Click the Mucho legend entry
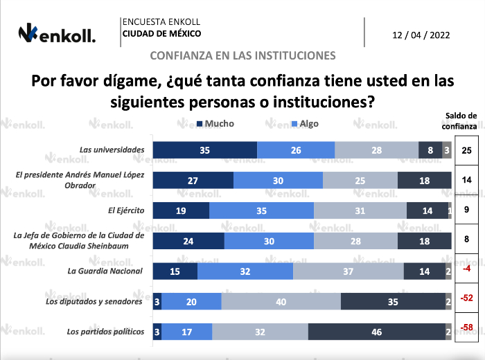click(x=215, y=124)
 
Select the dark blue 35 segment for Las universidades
click(x=204, y=150)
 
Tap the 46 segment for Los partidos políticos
click(x=377, y=332)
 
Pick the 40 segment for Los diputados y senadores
click(x=281, y=301)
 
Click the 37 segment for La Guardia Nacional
click(x=349, y=271)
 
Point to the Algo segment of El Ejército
click(x=261, y=210)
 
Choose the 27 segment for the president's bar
click(x=193, y=180)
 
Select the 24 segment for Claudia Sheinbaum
click(x=188, y=241)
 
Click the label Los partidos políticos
click(x=105, y=332)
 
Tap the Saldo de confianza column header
click(x=461, y=121)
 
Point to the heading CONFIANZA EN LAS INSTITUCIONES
click(x=242, y=55)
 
